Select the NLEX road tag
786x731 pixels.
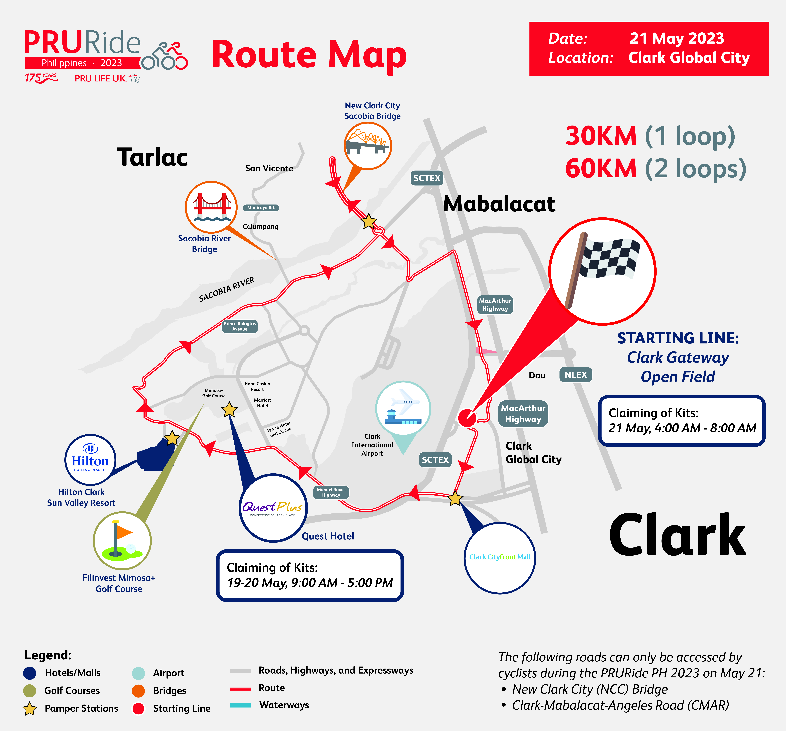click(x=576, y=375)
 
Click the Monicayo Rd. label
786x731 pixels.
click(x=261, y=208)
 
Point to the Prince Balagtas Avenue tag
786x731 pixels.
click(x=240, y=326)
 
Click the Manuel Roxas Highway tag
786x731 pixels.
click(x=331, y=492)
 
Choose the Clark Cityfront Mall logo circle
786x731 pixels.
click(x=500, y=558)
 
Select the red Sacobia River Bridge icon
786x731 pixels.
click(x=212, y=207)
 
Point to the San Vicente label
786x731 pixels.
click(x=269, y=168)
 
